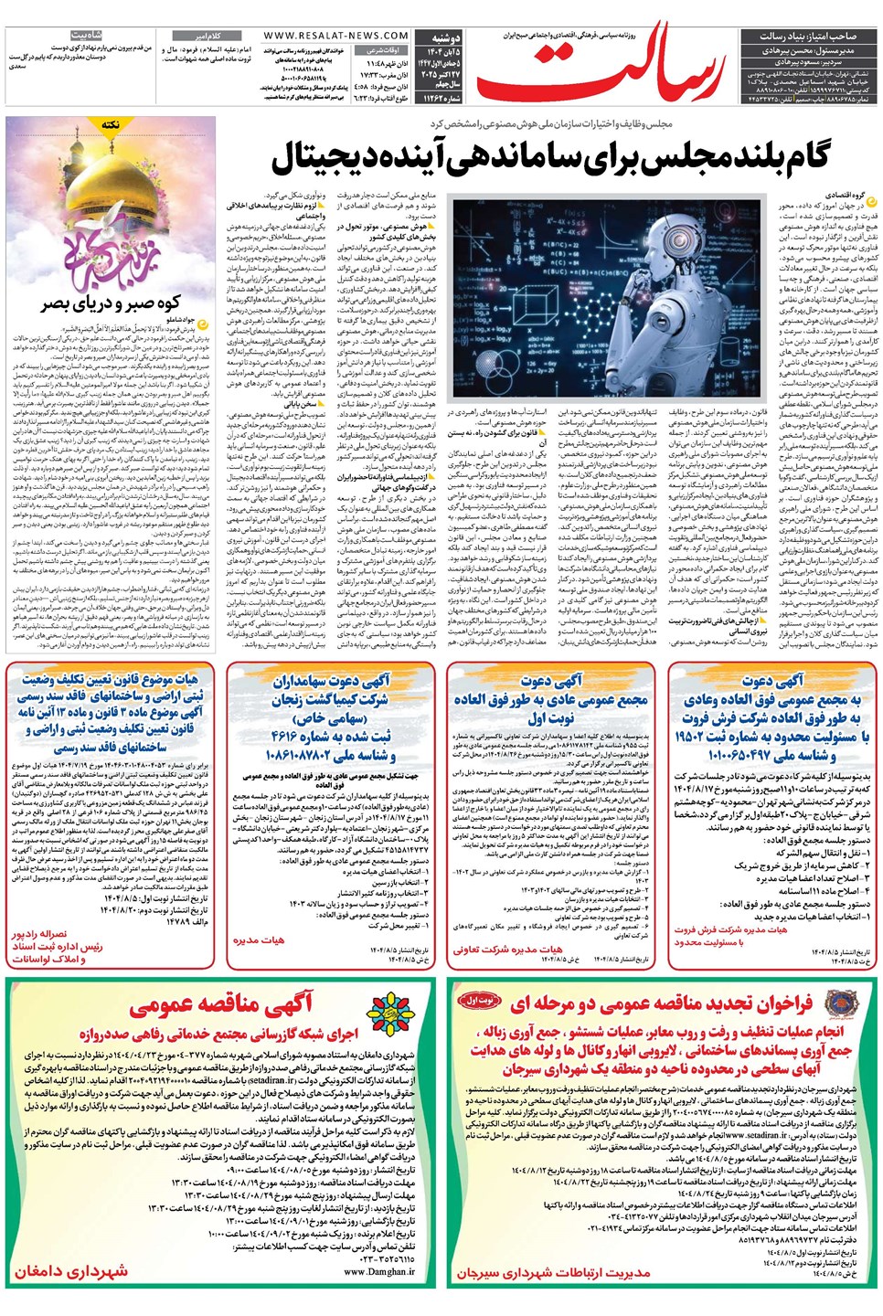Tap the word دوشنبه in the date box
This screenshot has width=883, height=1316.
pos(447,37)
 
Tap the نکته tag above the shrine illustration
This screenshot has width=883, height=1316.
pos(111,123)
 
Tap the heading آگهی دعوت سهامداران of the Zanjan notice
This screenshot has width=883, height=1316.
pos(331,681)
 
